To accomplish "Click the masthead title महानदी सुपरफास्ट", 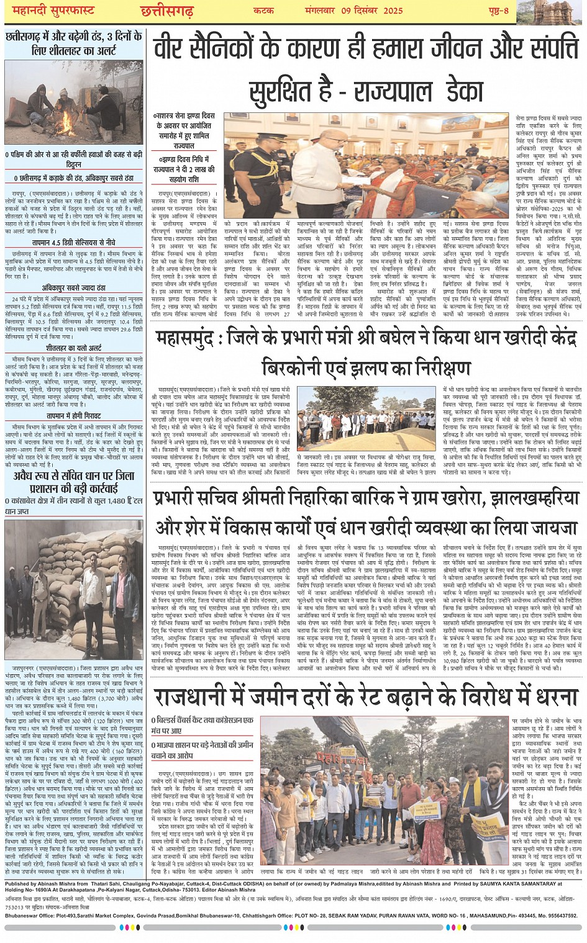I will [49, 11].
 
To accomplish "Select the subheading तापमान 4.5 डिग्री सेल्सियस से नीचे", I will [74, 242].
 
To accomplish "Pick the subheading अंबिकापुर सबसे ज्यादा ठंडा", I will [74, 288].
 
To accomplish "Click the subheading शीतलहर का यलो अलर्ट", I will [74, 348].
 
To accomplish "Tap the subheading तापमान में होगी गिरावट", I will [74, 416].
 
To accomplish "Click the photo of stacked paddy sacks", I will [74, 589].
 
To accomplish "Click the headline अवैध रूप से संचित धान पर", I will [74, 476].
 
